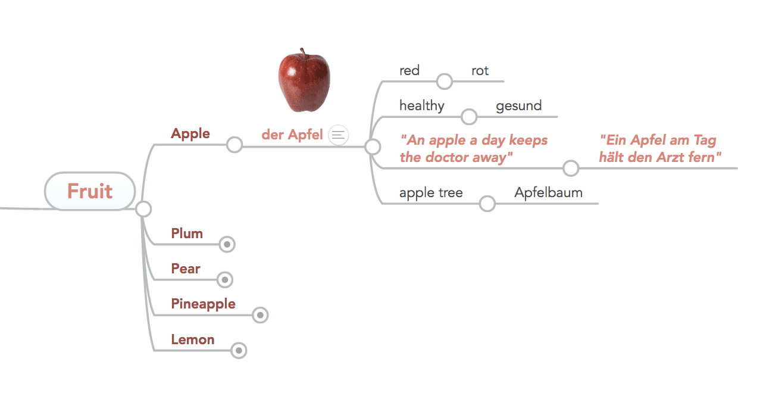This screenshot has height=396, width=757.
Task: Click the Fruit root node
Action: pyautogui.click(x=90, y=191)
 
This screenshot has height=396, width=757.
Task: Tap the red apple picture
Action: pyautogui.click(x=304, y=80)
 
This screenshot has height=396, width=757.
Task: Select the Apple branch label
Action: pyautogui.click(x=190, y=134)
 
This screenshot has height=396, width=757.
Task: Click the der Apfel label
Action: pyautogui.click(x=292, y=135)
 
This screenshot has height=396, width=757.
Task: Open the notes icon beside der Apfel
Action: pyautogui.click(x=338, y=135)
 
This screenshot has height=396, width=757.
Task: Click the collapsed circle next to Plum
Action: pyautogui.click(x=227, y=244)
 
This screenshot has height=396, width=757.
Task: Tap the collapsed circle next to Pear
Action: pyautogui.click(x=225, y=280)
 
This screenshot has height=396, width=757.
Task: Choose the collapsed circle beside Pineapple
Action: pyautogui.click(x=260, y=315)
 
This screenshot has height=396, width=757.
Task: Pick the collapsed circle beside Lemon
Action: pyautogui.click(x=239, y=350)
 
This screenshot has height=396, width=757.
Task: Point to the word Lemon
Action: pyautogui.click(x=193, y=339)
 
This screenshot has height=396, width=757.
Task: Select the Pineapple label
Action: pyautogui.click(x=203, y=304)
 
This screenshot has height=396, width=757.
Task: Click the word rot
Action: pyautogui.click(x=480, y=71)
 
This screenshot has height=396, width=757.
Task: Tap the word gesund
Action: pyautogui.click(x=519, y=106)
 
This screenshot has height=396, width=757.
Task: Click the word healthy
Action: pyautogui.click(x=422, y=105)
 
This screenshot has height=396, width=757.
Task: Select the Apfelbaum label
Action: pyautogui.click(x=549, y=192)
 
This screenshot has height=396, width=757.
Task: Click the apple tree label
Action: pyautogui.click(x=431, y=193)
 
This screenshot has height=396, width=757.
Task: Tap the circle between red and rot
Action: pyautogui.click(x=445, y=82)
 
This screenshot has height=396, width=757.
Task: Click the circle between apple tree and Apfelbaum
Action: pyautogui.click(x=487, y=204)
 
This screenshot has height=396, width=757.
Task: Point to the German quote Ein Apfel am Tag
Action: pyautogui.click(x=660, y=148)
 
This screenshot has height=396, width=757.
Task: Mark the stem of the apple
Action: pyautogui.click(x=303, y=54)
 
